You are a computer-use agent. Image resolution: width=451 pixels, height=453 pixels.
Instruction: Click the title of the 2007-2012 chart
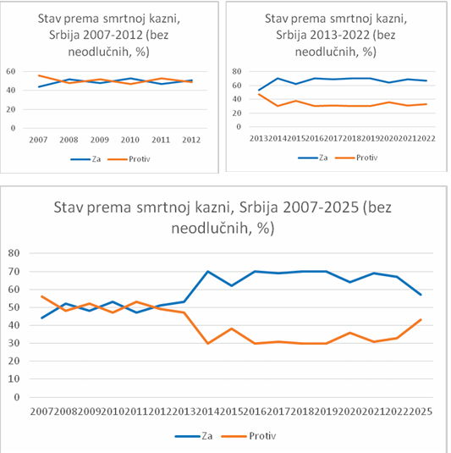109,35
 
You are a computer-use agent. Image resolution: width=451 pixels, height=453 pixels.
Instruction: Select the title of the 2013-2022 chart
336,35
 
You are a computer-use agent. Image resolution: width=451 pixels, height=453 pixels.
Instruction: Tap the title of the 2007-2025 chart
223,218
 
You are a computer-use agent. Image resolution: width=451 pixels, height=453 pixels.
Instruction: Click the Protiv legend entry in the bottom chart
249,436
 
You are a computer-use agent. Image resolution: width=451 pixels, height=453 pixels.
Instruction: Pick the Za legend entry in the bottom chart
194,436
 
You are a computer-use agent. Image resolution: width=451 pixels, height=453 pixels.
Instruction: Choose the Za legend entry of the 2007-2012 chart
85,159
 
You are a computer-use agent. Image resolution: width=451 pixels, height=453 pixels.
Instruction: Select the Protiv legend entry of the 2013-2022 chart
356,157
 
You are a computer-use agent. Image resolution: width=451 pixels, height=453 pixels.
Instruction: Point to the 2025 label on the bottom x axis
421,412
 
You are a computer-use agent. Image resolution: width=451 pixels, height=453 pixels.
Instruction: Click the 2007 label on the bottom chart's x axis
41,412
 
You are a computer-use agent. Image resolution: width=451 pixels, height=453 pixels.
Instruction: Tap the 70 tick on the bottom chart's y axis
14,271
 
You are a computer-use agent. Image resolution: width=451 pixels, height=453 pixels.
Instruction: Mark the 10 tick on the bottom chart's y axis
14,378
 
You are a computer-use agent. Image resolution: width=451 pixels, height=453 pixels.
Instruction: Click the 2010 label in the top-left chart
130,140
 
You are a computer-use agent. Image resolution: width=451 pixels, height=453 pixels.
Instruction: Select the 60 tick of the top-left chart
11,71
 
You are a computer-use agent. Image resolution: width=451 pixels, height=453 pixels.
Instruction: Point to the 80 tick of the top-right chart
237,71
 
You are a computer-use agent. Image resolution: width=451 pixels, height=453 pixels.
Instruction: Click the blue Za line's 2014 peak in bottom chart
208,271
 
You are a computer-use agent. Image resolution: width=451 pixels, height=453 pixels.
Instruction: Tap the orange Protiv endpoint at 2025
421,319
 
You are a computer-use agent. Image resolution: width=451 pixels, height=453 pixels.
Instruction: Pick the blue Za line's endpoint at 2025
421,295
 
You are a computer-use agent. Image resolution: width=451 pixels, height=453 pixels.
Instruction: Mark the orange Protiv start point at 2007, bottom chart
41,296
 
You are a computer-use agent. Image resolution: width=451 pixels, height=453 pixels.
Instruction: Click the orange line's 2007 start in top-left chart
39,75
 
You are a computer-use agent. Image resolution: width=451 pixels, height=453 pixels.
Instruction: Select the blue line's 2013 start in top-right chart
259,90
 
